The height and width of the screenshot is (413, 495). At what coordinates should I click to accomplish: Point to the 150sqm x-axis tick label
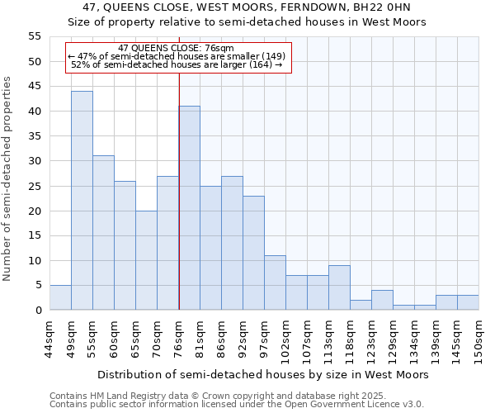(479, 339)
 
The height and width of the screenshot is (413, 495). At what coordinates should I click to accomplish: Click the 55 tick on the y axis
(35, 36)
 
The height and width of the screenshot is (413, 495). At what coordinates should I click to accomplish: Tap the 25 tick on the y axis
(35, 186)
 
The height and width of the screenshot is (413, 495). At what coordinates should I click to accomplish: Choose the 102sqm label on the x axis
(286, 339)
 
